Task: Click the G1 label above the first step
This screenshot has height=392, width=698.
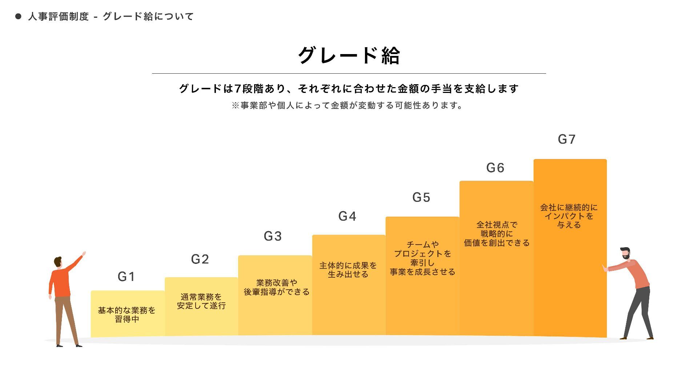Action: tap(127, 277)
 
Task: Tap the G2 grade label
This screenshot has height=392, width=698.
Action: tap(200, 259)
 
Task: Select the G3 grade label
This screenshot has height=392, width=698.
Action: tap(273, 236)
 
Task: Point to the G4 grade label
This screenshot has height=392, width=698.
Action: tap(347, 216)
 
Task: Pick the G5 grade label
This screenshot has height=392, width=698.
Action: tap(421, 197)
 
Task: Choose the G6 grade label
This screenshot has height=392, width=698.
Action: tap(495, 168)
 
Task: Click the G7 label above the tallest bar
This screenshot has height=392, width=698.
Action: tap(567, 139)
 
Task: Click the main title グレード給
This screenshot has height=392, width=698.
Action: tap(349, 56)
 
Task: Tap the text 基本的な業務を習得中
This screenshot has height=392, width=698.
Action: tap(127, 315)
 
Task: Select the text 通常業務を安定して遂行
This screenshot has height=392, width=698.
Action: tap(201, 301)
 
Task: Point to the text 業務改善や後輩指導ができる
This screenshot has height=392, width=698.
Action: tap(276, 287)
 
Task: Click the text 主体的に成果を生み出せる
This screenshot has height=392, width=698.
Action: tap(348, 270)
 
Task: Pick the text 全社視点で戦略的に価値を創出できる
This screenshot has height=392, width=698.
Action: tap(497, 234)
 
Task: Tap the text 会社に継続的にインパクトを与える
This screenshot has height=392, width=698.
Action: tap(569, 216)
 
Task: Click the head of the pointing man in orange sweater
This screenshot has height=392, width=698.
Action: tap(58, 261)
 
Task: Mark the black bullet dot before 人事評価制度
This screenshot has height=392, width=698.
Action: tap(18, 16)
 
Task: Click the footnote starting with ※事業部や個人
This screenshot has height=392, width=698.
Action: tap(347, 106)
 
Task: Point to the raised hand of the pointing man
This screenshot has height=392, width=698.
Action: tap(84, 254)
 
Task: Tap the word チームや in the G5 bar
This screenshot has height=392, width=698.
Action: tap(422, 245)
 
